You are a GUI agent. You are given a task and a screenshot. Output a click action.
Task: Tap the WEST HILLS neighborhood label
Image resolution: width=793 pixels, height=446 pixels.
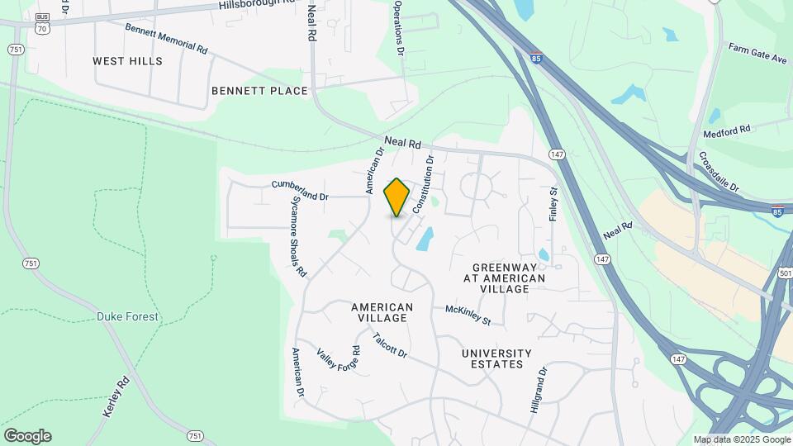[x=127, y=61]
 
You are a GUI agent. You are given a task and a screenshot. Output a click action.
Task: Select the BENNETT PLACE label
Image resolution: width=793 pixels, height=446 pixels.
[x=259, y=91]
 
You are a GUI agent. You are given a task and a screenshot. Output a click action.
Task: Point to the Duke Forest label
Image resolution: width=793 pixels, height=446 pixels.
[x=127, y=316]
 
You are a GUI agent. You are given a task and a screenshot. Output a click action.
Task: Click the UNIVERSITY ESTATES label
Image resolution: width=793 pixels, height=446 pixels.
[x=492, y=358]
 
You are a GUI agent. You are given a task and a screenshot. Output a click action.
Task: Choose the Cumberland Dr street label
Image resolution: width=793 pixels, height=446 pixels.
[x=300, y=190]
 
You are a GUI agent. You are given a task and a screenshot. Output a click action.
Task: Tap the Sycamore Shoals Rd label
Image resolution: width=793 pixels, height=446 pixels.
[x=298, y=236]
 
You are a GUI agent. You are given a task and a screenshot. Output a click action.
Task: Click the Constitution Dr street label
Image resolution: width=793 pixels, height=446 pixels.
[x=423, y=186]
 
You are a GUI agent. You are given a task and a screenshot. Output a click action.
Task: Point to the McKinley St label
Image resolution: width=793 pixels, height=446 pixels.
[x=468, y=314]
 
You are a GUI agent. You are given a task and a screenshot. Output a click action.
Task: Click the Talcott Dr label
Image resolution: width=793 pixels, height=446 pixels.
[x=390, y=345]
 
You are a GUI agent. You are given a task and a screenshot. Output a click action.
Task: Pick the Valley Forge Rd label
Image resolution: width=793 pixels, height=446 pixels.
[x=339, y=363]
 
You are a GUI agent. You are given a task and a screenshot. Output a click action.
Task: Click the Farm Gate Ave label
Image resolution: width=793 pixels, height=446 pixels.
[x=757, y=54]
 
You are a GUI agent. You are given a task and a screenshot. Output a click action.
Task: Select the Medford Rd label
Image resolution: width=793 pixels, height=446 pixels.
[x=726, y=130]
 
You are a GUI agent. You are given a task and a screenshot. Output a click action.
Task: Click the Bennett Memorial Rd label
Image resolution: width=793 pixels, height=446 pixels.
[x=166, y=38]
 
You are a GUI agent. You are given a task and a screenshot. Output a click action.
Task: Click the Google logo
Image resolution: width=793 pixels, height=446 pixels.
[x=27, y=436]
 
